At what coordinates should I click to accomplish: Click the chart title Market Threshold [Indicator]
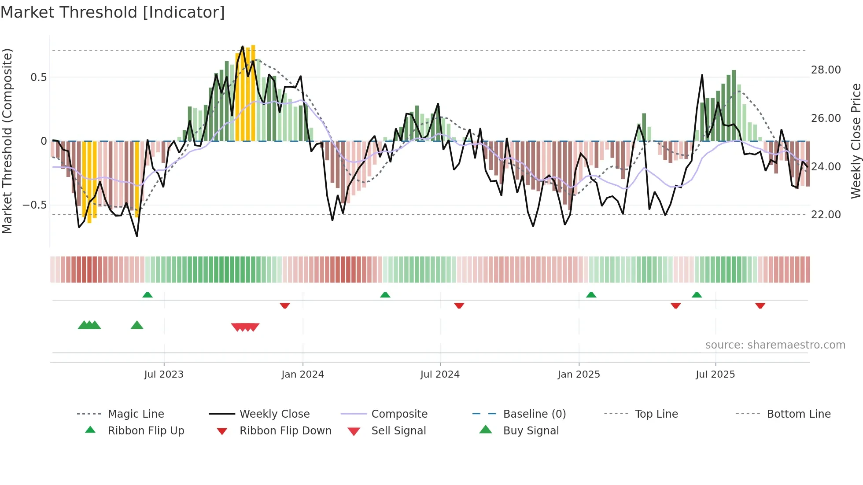113,12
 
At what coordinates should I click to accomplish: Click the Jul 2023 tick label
164,374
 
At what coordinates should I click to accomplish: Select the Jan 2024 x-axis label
302,374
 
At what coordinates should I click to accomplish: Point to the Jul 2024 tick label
440,374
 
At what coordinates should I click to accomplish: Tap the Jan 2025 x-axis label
579,374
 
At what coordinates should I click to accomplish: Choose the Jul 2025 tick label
715,374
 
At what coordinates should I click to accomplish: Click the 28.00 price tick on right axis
826,70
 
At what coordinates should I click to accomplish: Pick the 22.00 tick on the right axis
826,215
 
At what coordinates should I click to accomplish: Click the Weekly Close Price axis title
856,141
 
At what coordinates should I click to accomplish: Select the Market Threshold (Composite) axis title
7,141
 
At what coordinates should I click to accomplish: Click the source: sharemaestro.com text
775,345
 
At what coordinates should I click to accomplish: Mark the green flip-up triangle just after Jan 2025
591,295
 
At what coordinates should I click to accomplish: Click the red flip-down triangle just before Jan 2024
285,305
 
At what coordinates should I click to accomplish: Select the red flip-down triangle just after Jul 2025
760,305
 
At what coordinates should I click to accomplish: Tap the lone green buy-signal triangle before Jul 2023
137,325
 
